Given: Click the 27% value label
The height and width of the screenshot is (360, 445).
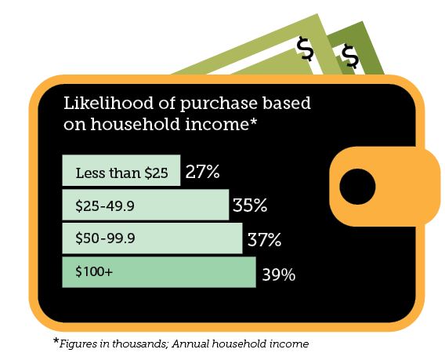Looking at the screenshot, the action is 202,172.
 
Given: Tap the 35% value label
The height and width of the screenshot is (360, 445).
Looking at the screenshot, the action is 250,205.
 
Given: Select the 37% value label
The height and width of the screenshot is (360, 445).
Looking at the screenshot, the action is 264,239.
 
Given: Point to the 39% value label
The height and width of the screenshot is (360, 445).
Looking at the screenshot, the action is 279,275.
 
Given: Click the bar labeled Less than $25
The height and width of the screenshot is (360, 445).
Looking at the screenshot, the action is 121,170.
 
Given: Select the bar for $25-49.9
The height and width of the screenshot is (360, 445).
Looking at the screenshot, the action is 146,205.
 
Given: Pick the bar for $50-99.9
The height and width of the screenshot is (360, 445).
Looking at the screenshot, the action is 153,238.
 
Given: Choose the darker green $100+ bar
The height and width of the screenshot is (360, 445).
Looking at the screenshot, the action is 159,272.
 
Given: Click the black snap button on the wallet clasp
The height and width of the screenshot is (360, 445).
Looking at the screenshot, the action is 357,187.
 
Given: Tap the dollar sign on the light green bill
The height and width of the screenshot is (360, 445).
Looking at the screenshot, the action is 305,49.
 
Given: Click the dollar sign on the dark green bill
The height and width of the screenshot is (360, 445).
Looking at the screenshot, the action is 350,56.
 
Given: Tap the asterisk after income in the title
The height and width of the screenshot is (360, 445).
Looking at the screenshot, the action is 253,122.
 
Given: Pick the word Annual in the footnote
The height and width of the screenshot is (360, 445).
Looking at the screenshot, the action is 190,344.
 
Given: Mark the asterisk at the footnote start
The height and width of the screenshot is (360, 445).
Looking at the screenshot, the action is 56,340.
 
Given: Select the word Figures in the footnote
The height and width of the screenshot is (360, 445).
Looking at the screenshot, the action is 78,344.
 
